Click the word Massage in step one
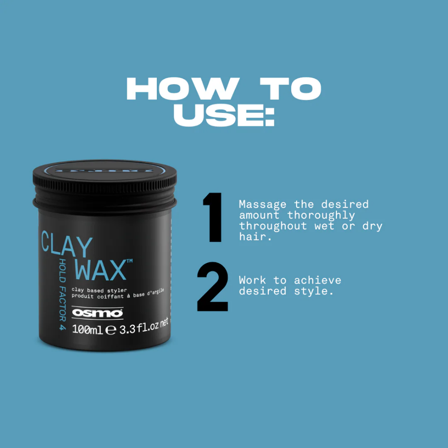(x=263, y=205)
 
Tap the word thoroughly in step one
(x=321, y=215)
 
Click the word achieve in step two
(x=318, y=280)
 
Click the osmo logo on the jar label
(x=97, y=312)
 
